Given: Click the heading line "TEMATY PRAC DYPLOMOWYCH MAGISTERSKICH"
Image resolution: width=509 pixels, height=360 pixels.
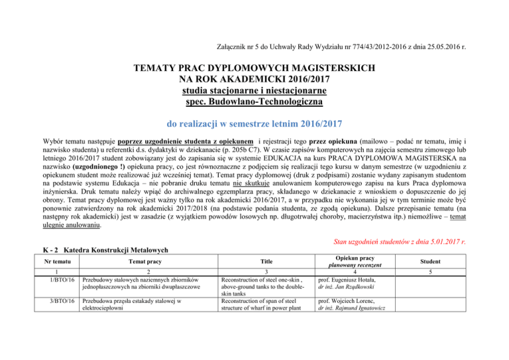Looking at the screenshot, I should tap(255, 68).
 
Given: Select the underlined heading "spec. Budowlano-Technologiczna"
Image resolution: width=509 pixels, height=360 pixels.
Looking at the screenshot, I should tap(255, 102).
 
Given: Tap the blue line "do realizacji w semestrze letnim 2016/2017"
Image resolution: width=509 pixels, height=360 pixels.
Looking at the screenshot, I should tap(254, 124).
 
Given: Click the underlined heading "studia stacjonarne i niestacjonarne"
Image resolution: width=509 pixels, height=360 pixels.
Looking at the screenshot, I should tap(255, 91).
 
